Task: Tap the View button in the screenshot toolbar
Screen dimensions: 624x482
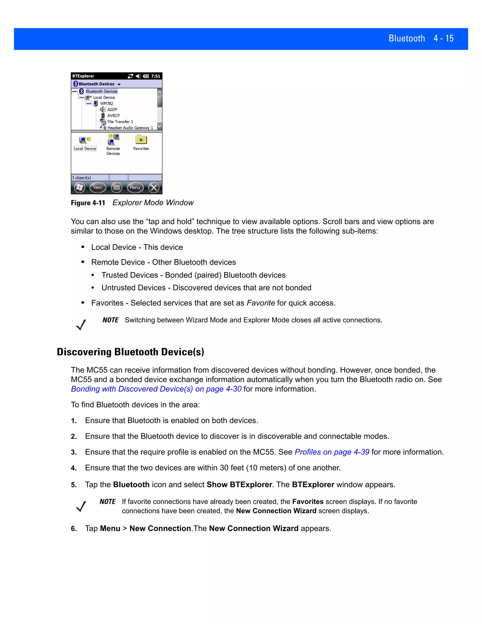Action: point(98,188)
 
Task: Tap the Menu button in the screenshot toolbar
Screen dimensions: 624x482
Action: point(135,188)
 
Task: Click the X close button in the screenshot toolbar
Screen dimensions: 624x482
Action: point(154,188)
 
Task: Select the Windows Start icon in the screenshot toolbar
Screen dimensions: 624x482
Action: point(80,188)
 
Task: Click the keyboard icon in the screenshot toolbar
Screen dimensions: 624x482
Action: point(116,188)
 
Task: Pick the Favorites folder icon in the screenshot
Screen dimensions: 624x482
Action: point(141,140)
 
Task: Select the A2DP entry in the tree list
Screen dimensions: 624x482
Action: point(112,109)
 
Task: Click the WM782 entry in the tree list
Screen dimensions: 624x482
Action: point(107,103)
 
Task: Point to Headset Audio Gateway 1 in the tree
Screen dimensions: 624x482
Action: point(130,128)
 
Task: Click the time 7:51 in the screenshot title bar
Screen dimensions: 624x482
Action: point(156,76)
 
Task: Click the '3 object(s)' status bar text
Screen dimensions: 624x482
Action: point(81,178)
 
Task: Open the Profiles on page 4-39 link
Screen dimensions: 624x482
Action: point(332,452)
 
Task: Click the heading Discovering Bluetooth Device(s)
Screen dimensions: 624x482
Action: point(130,352)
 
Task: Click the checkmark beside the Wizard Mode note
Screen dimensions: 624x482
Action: point(81,324)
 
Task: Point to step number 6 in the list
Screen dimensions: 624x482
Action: point(74,529)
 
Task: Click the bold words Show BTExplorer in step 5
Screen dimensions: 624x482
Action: point(239,485)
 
